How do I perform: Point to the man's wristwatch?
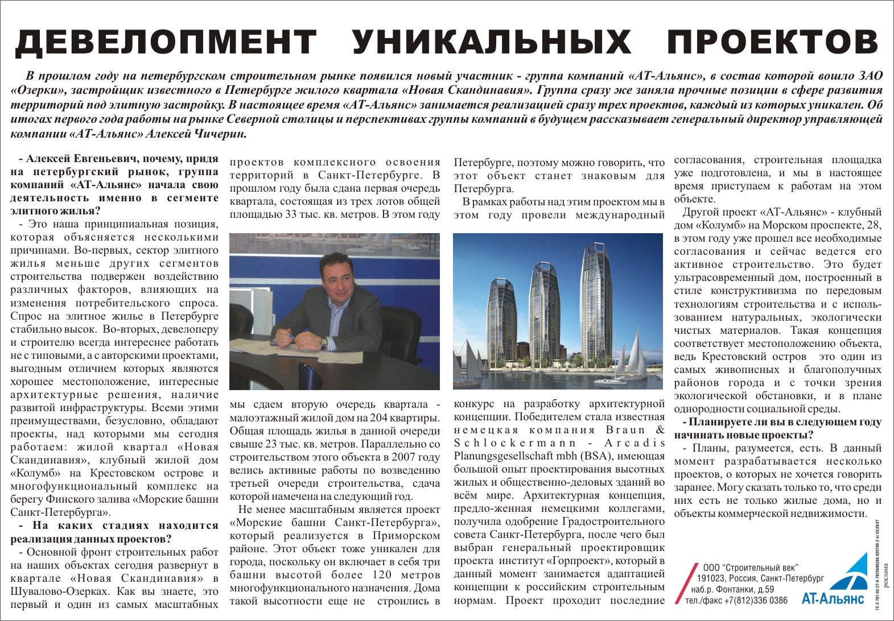tap(323, 343)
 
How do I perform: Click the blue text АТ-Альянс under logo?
tap(833, 599)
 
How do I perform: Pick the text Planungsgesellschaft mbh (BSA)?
tap(559, 456)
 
